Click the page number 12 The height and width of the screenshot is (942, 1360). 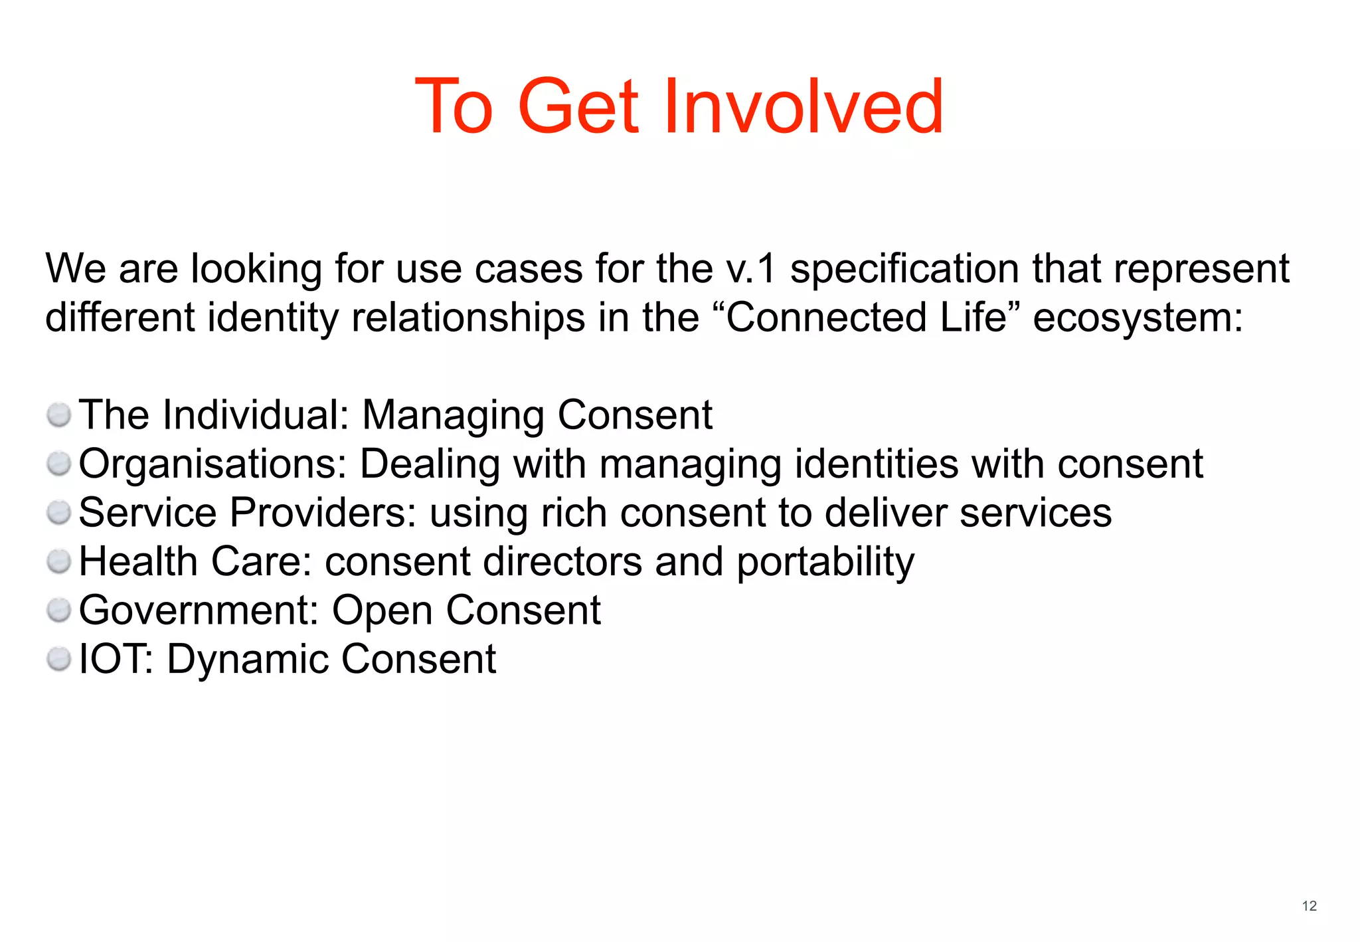point(1309,906)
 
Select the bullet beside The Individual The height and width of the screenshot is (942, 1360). point(59,415)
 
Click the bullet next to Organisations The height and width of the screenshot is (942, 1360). point(59,464)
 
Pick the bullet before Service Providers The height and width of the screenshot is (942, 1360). point(59,513)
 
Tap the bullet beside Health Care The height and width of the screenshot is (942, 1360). point(59,561)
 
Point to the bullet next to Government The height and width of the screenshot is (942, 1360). point(59,610)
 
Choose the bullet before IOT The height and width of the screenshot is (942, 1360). point(59,659)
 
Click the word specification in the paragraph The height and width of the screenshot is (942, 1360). point(904,269)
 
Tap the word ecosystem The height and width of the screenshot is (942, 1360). point(1137,318)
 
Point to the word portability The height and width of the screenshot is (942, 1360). point(825,562)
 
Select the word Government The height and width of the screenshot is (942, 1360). point(199,611)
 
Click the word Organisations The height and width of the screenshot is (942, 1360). point(212,464)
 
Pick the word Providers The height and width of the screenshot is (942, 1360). point(323,513)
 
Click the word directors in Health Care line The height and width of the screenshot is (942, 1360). point(562,562)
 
